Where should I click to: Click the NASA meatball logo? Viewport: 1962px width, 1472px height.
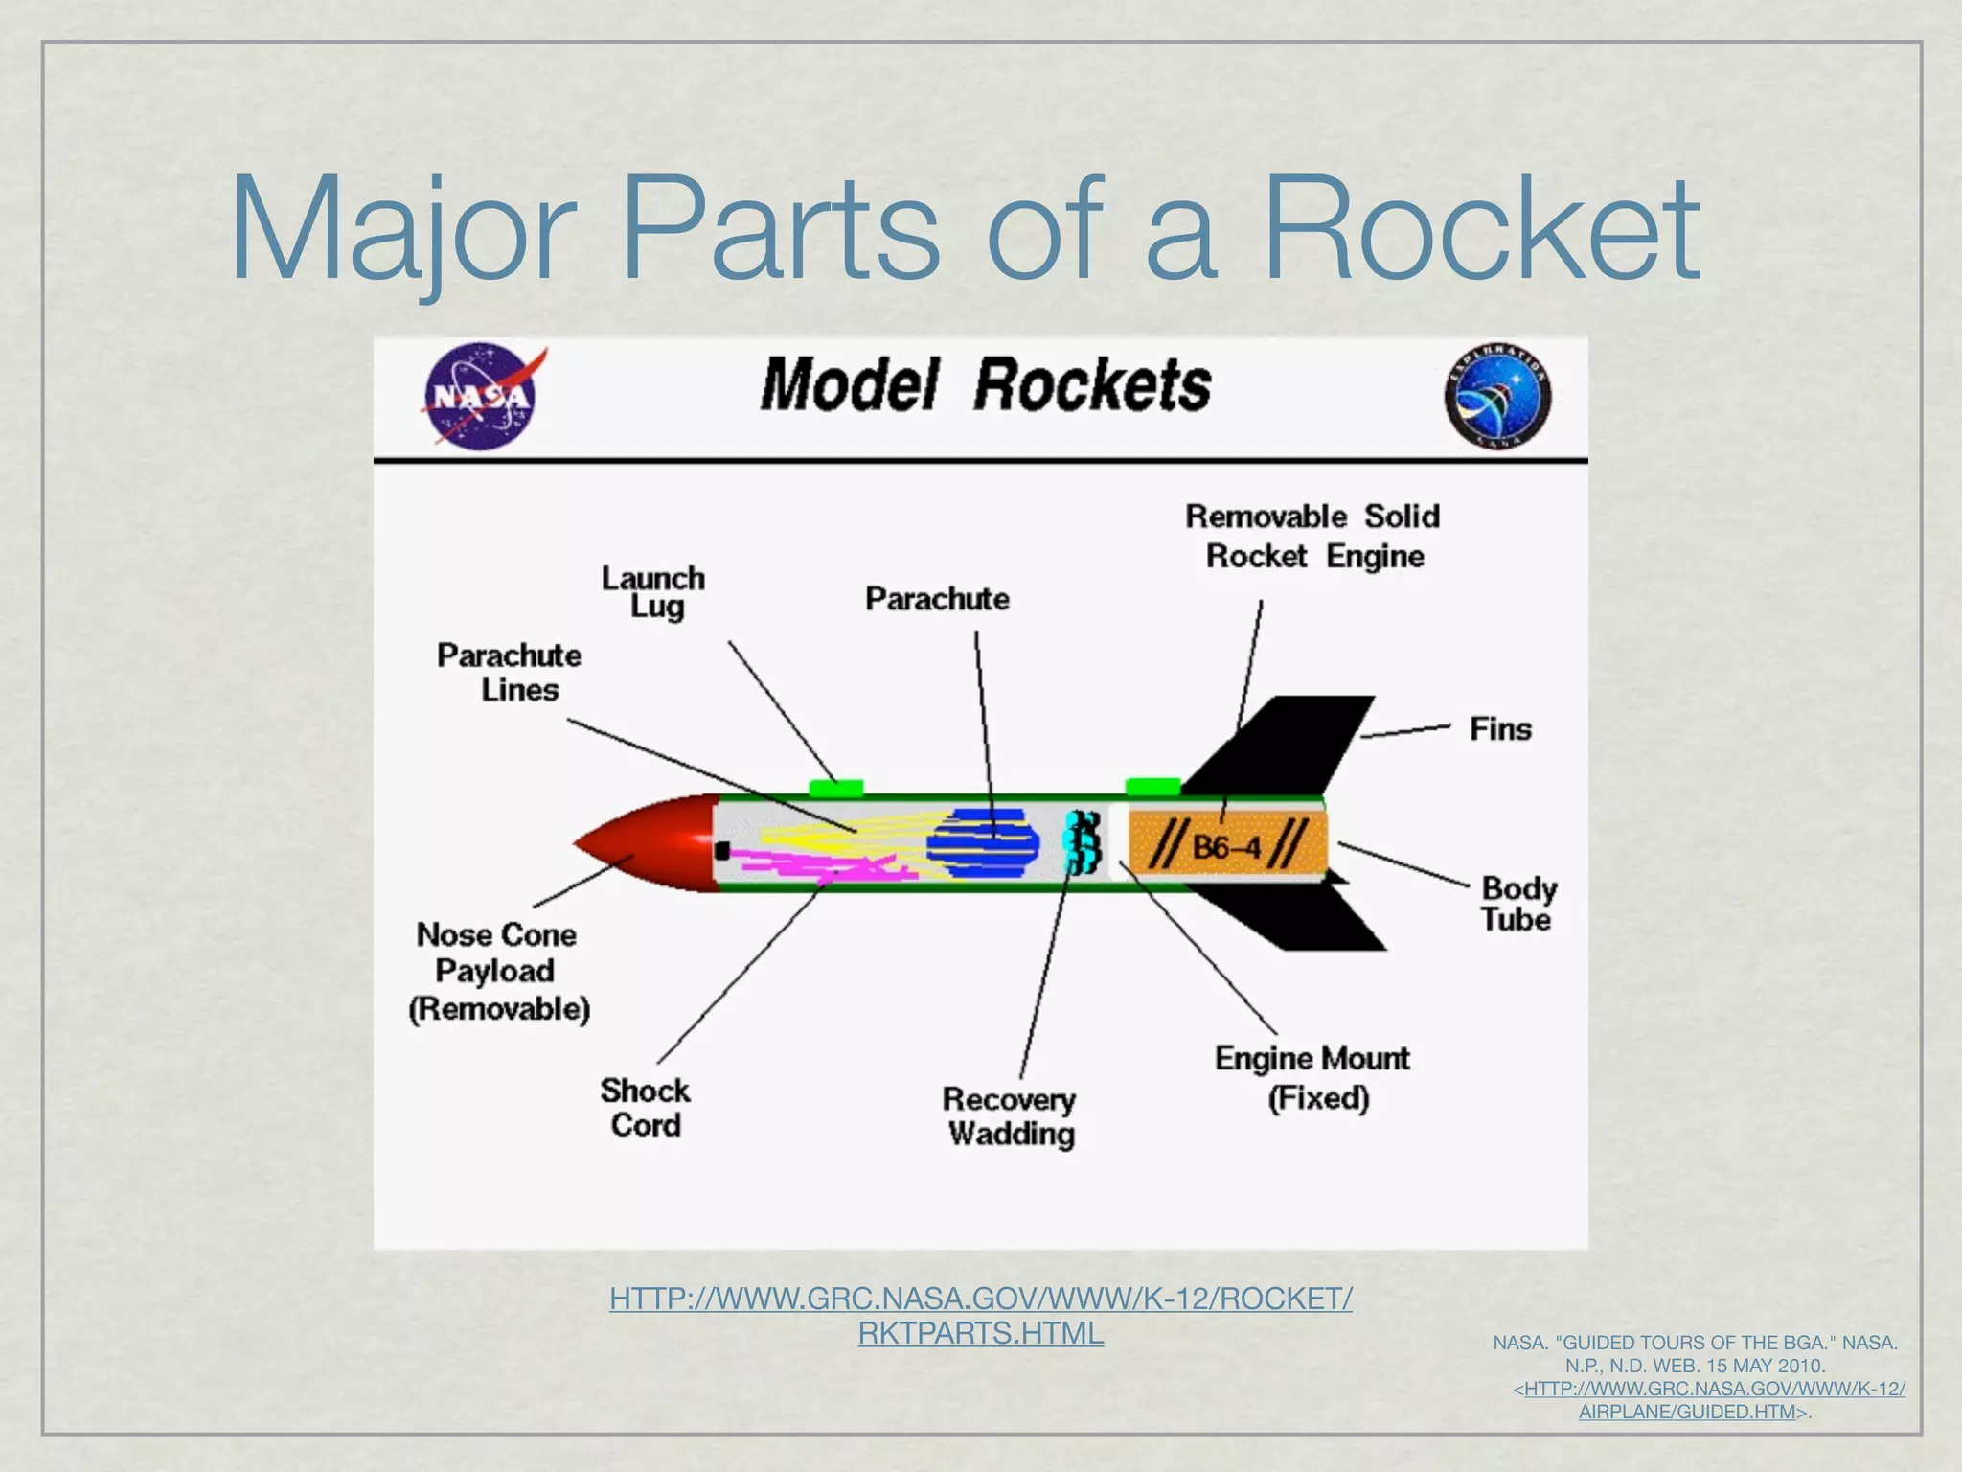tap(479, 396)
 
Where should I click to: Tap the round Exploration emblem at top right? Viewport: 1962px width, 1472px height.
tap(1497, 396)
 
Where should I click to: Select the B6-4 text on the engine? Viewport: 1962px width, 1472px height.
tap(1226, 847)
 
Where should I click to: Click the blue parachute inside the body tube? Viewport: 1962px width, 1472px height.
tap(983, 843)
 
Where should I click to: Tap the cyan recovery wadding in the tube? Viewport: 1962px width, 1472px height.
tap(1084, 841)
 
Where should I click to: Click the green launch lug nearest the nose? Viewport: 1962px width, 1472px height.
tap(835, 788)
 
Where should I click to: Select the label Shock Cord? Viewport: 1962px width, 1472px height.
tap(645, 1107)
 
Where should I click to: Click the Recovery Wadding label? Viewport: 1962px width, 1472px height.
tap(1010, 1115)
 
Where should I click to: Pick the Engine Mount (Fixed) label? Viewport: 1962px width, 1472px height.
tap(1312, 1077)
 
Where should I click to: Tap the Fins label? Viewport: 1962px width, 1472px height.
tap(1500, 729)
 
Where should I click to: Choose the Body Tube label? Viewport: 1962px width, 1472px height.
tap(1517, 903)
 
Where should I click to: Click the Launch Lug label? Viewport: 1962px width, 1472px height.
tap(653, 591)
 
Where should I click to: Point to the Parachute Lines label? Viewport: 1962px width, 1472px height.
tap(510, 672)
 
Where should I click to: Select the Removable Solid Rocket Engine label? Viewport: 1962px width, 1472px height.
tap(1312, 536)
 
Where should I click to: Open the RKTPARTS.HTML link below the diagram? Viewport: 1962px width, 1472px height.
tap(980, 1333)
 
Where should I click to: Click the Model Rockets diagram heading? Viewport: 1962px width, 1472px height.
tap(985, 384)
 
